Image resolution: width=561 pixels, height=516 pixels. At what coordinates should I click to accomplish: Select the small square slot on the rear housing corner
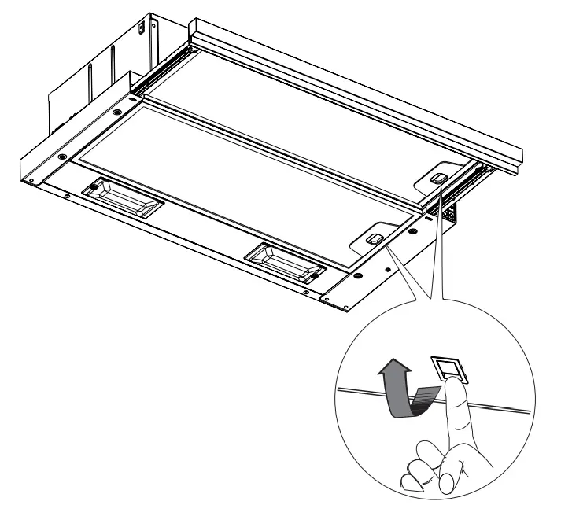[x=142, y=28]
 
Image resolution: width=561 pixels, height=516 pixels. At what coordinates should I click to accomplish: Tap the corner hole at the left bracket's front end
[x=30, y=180]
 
